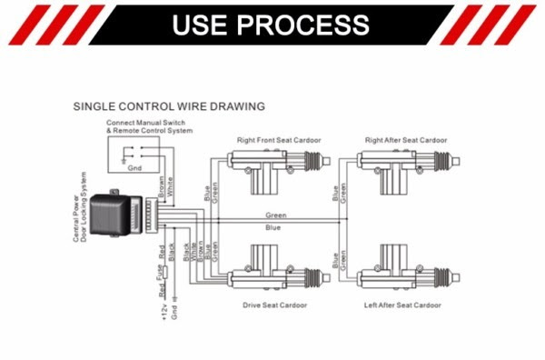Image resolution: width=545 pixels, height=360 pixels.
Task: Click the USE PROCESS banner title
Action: tap(271, 25)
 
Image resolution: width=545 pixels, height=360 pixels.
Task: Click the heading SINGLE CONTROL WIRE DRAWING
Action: tap(169, 106)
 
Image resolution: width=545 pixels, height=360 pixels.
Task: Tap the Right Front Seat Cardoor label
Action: tap(279, 140)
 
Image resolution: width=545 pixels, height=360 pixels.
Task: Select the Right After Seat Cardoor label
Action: tap(406, 140)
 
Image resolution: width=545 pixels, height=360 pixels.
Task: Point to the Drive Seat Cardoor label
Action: tap(274, 305)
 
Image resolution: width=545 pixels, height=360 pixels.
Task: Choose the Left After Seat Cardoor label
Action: tap(402, 305)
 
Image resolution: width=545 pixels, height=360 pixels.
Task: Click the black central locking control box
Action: tap(116, 214)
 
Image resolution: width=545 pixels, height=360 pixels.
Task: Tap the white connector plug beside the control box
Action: tap(152, 215)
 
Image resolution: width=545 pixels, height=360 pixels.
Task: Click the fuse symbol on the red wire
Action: tap(165, 272)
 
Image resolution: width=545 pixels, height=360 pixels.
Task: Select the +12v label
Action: tap(164, 312)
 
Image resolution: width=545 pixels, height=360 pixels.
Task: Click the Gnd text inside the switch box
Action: tap(134, 168)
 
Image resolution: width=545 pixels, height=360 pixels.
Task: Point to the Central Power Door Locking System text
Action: tap(80, 207)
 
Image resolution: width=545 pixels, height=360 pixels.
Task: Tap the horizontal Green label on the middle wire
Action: tap(276, 215)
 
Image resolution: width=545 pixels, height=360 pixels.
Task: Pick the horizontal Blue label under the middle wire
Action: tap(272, 227)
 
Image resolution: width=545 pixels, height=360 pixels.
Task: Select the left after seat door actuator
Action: tap(409, 268)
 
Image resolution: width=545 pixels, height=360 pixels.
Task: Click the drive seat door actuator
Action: tap(279, 268)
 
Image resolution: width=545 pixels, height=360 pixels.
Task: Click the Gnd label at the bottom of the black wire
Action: tap(174, 313)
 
